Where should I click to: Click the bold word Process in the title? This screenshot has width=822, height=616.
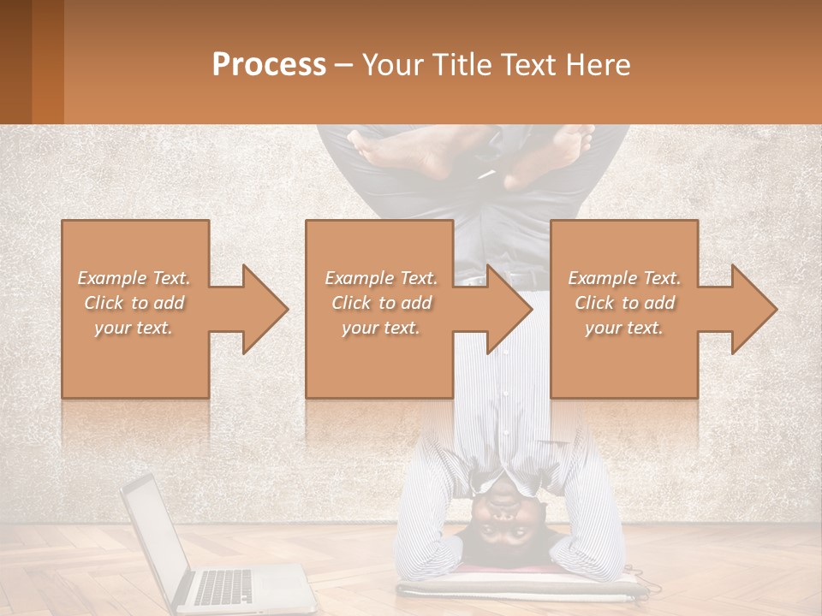pyautogui.click(x=269, y=65)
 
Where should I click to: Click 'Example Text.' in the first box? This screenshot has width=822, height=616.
pyautogui.click(x=134, y=278)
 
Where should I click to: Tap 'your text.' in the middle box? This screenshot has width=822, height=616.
pyautogui.click(x=380, y=328)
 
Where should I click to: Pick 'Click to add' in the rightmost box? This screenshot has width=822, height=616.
pyautogui.click(x=624, y=303)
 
